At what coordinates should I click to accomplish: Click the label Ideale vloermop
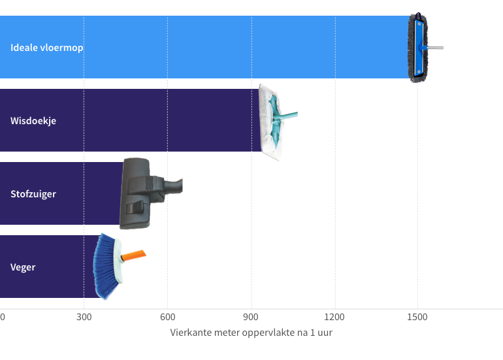[47, 48]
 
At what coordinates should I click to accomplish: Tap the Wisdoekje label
[33, 121]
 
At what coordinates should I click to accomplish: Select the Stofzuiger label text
[33, 194]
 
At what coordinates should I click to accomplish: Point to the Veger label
[23, 267]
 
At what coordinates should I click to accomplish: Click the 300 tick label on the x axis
[84, 317]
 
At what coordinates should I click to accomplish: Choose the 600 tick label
[167, 317]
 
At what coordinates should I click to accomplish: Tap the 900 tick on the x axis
[251, 317]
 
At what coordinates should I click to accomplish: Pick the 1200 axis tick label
[334, 317]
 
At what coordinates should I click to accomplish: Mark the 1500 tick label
[417, 317]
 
